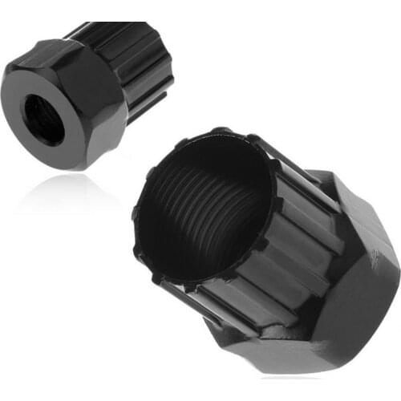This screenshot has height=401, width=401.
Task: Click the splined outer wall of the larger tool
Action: pyautogui.click(x=265, y=265)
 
